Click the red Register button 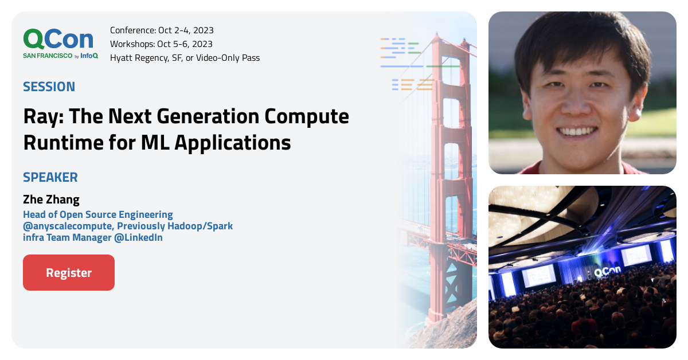69,273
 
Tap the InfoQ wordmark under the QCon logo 89,56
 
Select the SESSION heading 49,87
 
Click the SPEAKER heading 50,177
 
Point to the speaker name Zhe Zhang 51,199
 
